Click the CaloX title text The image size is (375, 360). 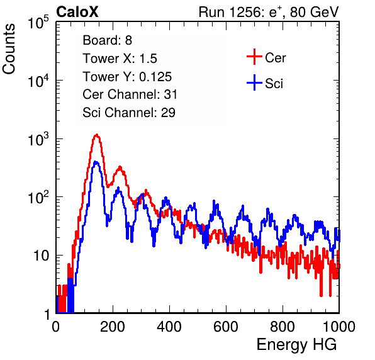click(x=77, y=12)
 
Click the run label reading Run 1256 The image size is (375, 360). click(x=230, y=12)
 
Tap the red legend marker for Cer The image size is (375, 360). click(x=254, y=57)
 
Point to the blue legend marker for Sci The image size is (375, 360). click(x=254, y=82)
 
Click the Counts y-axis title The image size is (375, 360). click(x=9, y=48)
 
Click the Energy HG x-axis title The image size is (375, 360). click(x=296, y=345)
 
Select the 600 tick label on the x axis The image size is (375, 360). click(x=226, y=327)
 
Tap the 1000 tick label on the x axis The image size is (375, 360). click(x=339, y=327)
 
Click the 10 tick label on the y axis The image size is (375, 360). click(x=42, y=256)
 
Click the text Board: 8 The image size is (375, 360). click(x=107, y=40)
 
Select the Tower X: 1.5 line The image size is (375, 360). click(x=120, y=59)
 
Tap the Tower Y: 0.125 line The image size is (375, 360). click(x=127, y=77)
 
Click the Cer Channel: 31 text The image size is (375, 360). click(x=130, y=94)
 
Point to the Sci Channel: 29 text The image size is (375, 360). click(x=129, y=113)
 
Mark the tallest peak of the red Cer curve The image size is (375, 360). click(x=96, y=135)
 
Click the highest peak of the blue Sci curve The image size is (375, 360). click(x=96, y=162)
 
